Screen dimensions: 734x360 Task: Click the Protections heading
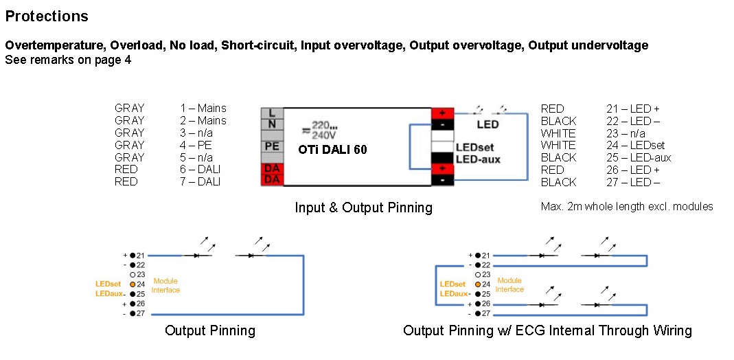pos(46,16)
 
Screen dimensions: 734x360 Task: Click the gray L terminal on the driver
pos(272,113)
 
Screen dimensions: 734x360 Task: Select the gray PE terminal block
pos(272,146)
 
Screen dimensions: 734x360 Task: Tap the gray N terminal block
pos(272,123)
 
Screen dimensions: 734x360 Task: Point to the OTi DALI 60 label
pos(332,150)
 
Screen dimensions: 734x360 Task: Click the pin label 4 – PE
pos(196,145)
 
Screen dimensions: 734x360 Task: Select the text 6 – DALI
pos(200,170)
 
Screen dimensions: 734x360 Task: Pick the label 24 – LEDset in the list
pos(635,145)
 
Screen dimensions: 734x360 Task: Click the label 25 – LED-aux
pos(639,157)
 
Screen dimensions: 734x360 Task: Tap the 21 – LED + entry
pos(633,109)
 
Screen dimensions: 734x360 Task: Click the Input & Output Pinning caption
pos(363,207)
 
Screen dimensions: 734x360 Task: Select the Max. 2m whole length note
pos(627,206)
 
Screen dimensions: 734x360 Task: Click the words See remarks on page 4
pos(69,60)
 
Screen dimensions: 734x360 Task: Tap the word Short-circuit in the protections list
pos(258,45)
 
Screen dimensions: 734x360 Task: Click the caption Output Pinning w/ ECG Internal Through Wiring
pos(547,330)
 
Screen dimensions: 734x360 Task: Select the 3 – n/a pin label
pos(196,133)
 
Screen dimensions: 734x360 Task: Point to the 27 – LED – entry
pos(633,182)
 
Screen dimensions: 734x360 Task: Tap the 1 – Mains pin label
pos(203,109)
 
